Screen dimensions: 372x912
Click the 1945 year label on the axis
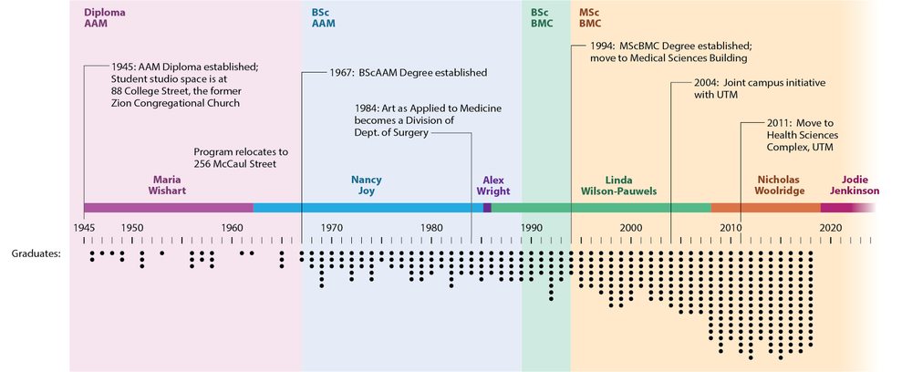point(83,227)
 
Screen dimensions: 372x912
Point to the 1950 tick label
point(132,227)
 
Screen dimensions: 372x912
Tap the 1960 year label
point(232,227)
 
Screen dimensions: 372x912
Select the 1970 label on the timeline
point(331,227)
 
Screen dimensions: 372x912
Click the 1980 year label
point(431,227)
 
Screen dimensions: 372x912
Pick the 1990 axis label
point(532,227)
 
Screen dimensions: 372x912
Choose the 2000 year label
point(631,227)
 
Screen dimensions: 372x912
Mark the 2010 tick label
point(731,227)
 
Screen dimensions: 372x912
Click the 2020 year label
point(831,227)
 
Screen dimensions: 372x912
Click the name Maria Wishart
point(168,185)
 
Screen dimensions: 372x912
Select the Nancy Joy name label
point(368,185)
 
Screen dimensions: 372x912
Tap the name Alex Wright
point(493,185)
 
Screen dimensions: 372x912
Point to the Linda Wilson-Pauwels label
point(618,185)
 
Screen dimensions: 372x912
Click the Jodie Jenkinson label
point(855,185)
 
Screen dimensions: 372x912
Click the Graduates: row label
point(37,253)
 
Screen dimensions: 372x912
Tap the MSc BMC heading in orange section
point(590,20)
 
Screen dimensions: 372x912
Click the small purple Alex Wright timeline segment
point(487,208)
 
